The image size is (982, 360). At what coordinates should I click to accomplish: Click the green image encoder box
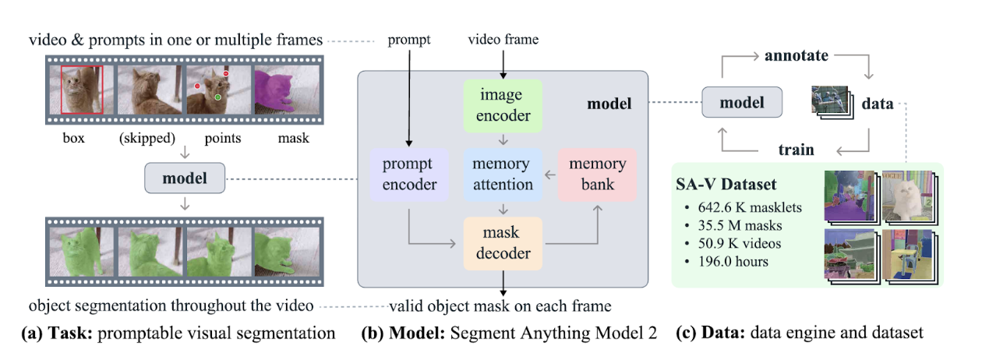coord(502,105)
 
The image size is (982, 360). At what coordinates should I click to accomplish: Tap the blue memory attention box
coord(502,174)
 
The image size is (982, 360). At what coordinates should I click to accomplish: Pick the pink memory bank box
coord(598,174)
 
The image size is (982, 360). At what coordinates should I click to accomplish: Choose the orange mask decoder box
coord(502,242)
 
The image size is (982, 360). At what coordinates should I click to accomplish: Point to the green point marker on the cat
coord(218,97)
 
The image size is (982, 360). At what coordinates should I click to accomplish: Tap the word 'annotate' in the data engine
coord(796,56)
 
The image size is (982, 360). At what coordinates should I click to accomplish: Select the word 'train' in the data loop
coord(796,149)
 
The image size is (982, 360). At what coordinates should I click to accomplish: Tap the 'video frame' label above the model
coord(502,38)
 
